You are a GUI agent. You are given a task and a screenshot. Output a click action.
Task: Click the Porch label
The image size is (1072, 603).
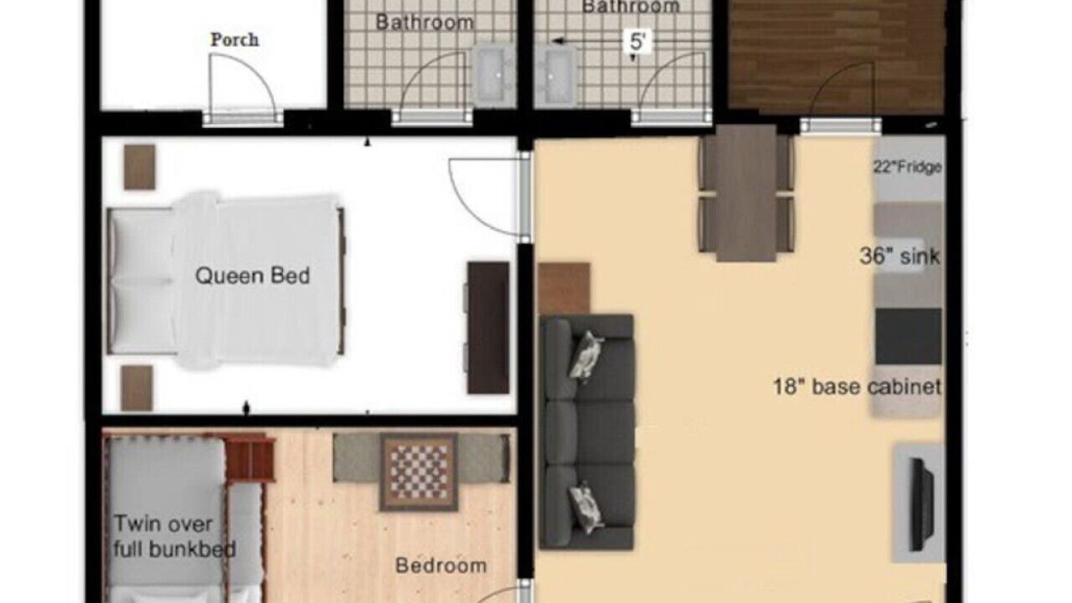[235, 39]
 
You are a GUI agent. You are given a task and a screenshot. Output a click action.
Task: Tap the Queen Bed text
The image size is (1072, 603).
[253, 276]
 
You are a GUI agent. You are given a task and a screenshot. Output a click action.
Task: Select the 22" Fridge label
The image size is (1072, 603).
[907, 167]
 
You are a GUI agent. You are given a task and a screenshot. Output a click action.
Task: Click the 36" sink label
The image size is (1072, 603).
[899, 256]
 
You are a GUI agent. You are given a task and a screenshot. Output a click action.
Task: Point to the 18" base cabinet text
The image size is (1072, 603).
[857, 387]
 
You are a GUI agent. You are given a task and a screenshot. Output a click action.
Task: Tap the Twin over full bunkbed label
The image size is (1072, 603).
[175, 537]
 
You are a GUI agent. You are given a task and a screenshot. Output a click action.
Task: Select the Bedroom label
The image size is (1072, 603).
[441, 565]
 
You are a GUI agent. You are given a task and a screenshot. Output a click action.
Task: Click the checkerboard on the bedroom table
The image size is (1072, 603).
[420, 472]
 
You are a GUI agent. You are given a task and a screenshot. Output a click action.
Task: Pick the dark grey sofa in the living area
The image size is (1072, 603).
[587, 431]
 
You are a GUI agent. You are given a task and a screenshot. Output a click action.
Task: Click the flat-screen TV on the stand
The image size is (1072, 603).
[920, 504]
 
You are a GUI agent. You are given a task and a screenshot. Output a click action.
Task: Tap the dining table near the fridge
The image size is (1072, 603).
[746, 193]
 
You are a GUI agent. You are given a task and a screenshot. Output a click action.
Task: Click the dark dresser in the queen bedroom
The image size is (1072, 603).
[488, 327]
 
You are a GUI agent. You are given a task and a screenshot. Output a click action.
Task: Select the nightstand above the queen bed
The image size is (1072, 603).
[139, 167]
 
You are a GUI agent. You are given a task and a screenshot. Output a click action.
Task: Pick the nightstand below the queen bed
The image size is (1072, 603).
[137, 388]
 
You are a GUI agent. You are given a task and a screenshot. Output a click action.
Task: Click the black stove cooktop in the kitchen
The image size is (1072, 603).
[909, 336]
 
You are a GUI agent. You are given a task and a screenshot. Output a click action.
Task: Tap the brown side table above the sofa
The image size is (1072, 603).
[564, 288]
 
